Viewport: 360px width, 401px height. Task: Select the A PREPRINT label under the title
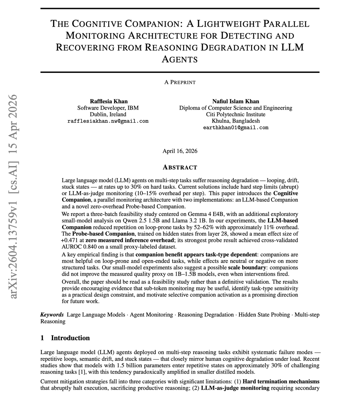point(180,82)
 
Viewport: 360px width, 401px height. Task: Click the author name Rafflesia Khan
point(109,101)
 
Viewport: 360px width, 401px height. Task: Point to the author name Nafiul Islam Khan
point(236,101)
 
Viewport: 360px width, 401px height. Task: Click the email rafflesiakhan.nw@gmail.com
point(108,121)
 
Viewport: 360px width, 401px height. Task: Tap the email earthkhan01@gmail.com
point(236,127)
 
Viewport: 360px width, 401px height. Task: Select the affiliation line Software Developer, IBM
point(108,108)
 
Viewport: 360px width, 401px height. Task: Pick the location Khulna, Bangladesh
point(236,121)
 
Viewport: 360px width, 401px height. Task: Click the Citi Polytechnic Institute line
point(236,114)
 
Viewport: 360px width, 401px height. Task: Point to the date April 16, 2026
point(180,151)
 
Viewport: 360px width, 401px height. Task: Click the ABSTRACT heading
point(180,167)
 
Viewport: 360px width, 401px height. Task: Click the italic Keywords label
point(52,315)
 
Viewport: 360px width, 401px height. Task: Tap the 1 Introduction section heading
point(65,338)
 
